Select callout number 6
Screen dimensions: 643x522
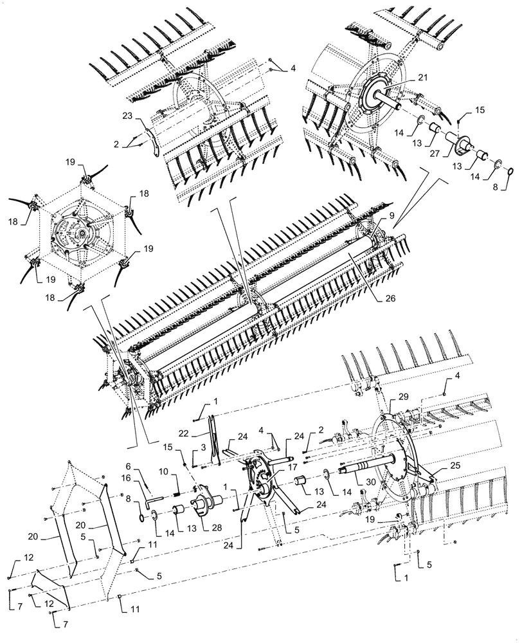[x=128, y=467]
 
